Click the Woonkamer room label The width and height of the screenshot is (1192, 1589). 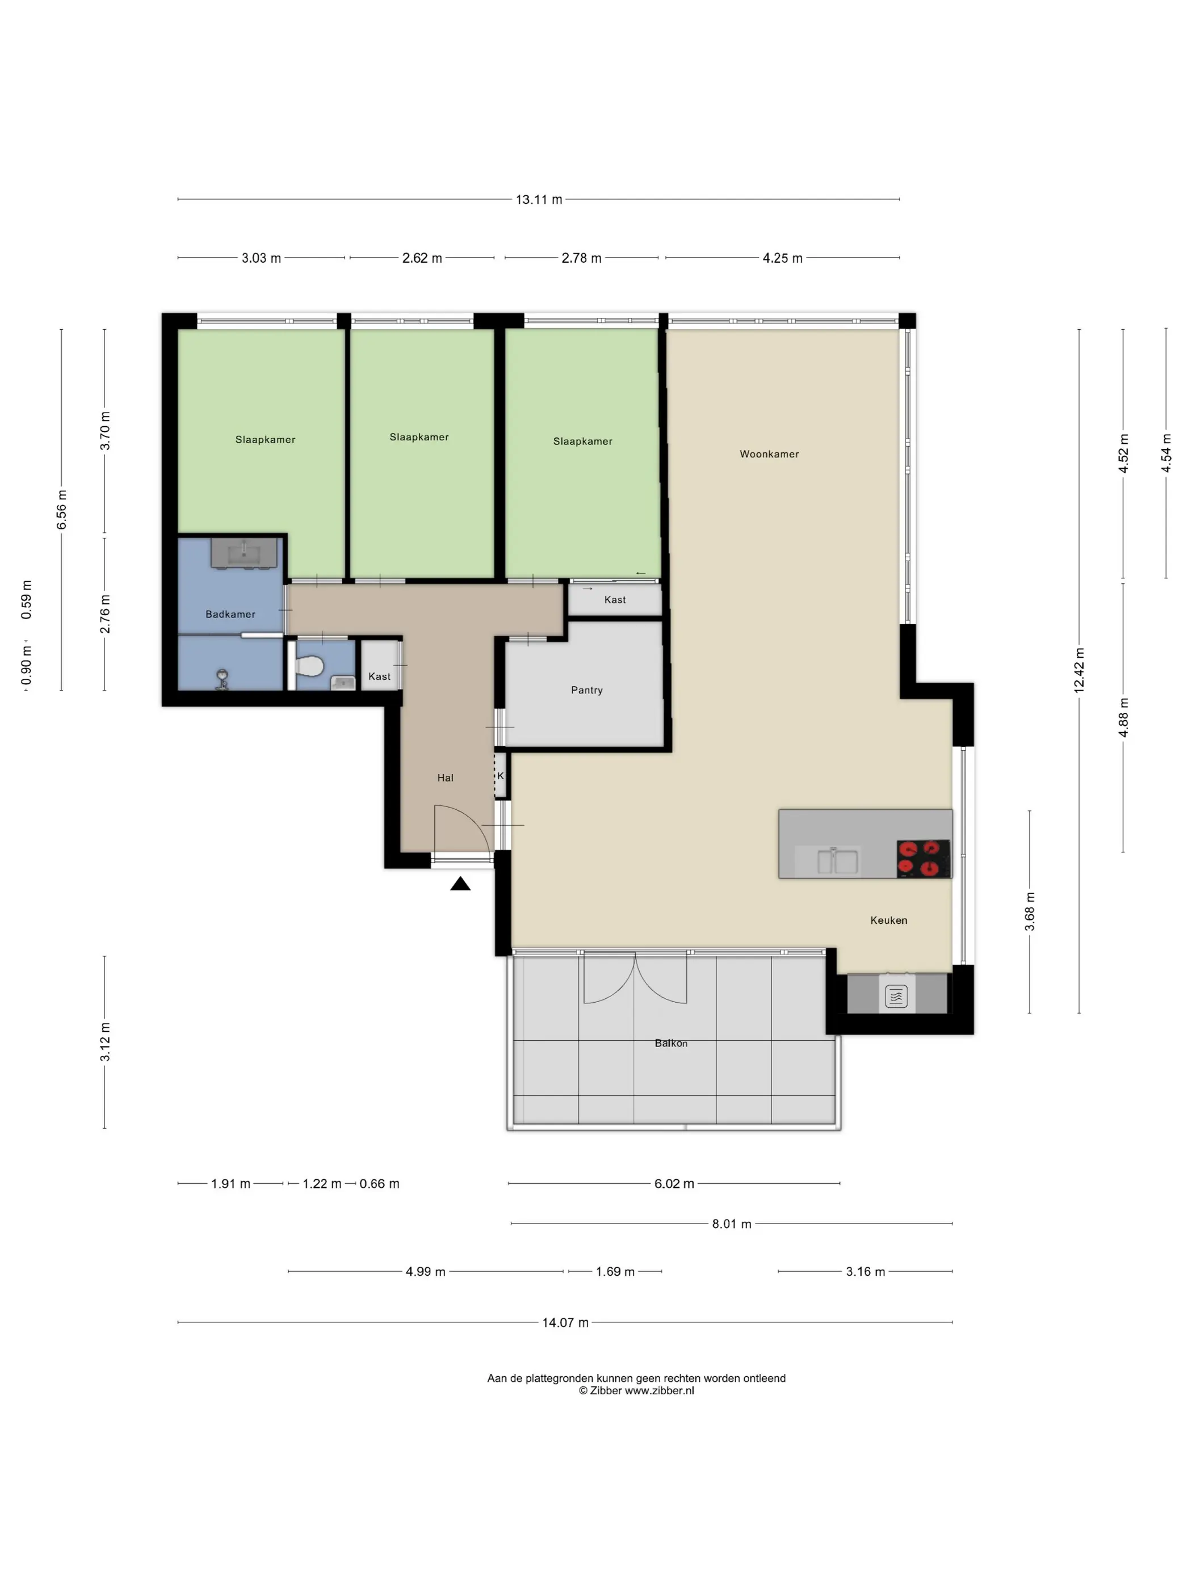coord(769,454)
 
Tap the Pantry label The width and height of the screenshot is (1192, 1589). coord(586,690)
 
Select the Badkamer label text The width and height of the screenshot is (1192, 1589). coord(230,614)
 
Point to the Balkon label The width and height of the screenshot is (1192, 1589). coord(670,1043)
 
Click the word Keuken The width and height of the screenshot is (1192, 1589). coord(888,920)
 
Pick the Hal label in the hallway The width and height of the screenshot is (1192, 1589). coord(445,778)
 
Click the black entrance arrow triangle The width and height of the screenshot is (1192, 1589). coord(460,884)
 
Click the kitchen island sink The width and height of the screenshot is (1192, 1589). coord(837,860)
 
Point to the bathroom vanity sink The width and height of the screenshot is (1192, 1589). coord(244,553)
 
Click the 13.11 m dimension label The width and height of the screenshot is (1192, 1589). coord(539,200)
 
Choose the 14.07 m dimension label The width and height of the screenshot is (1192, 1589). coord(565,1322)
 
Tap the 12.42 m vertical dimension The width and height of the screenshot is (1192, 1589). coord(1079,670)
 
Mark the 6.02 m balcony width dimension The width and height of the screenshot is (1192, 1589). coord(674,1184)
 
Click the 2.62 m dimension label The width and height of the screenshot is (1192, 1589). coord(422,258)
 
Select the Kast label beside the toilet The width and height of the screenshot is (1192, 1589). coord(379,676)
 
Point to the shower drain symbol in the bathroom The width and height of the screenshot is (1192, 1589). coord(223,679)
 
